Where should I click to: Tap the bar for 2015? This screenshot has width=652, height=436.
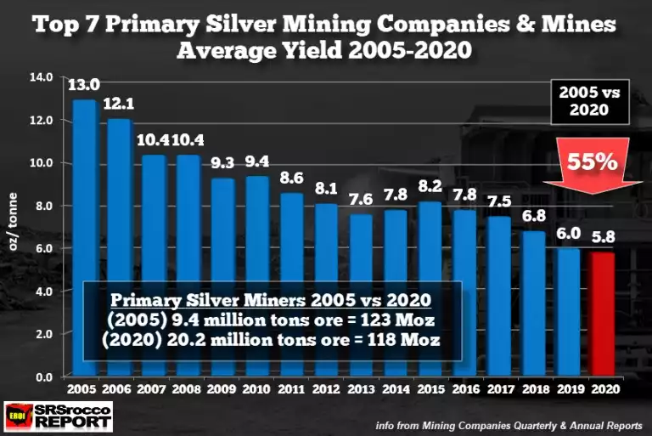(x=430, y=255)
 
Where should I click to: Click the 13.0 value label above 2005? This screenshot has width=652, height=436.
(x=84, y=84)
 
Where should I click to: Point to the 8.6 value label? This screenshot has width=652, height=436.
(x=291, y=178)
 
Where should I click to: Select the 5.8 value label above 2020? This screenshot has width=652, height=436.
(x=603, y=239)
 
